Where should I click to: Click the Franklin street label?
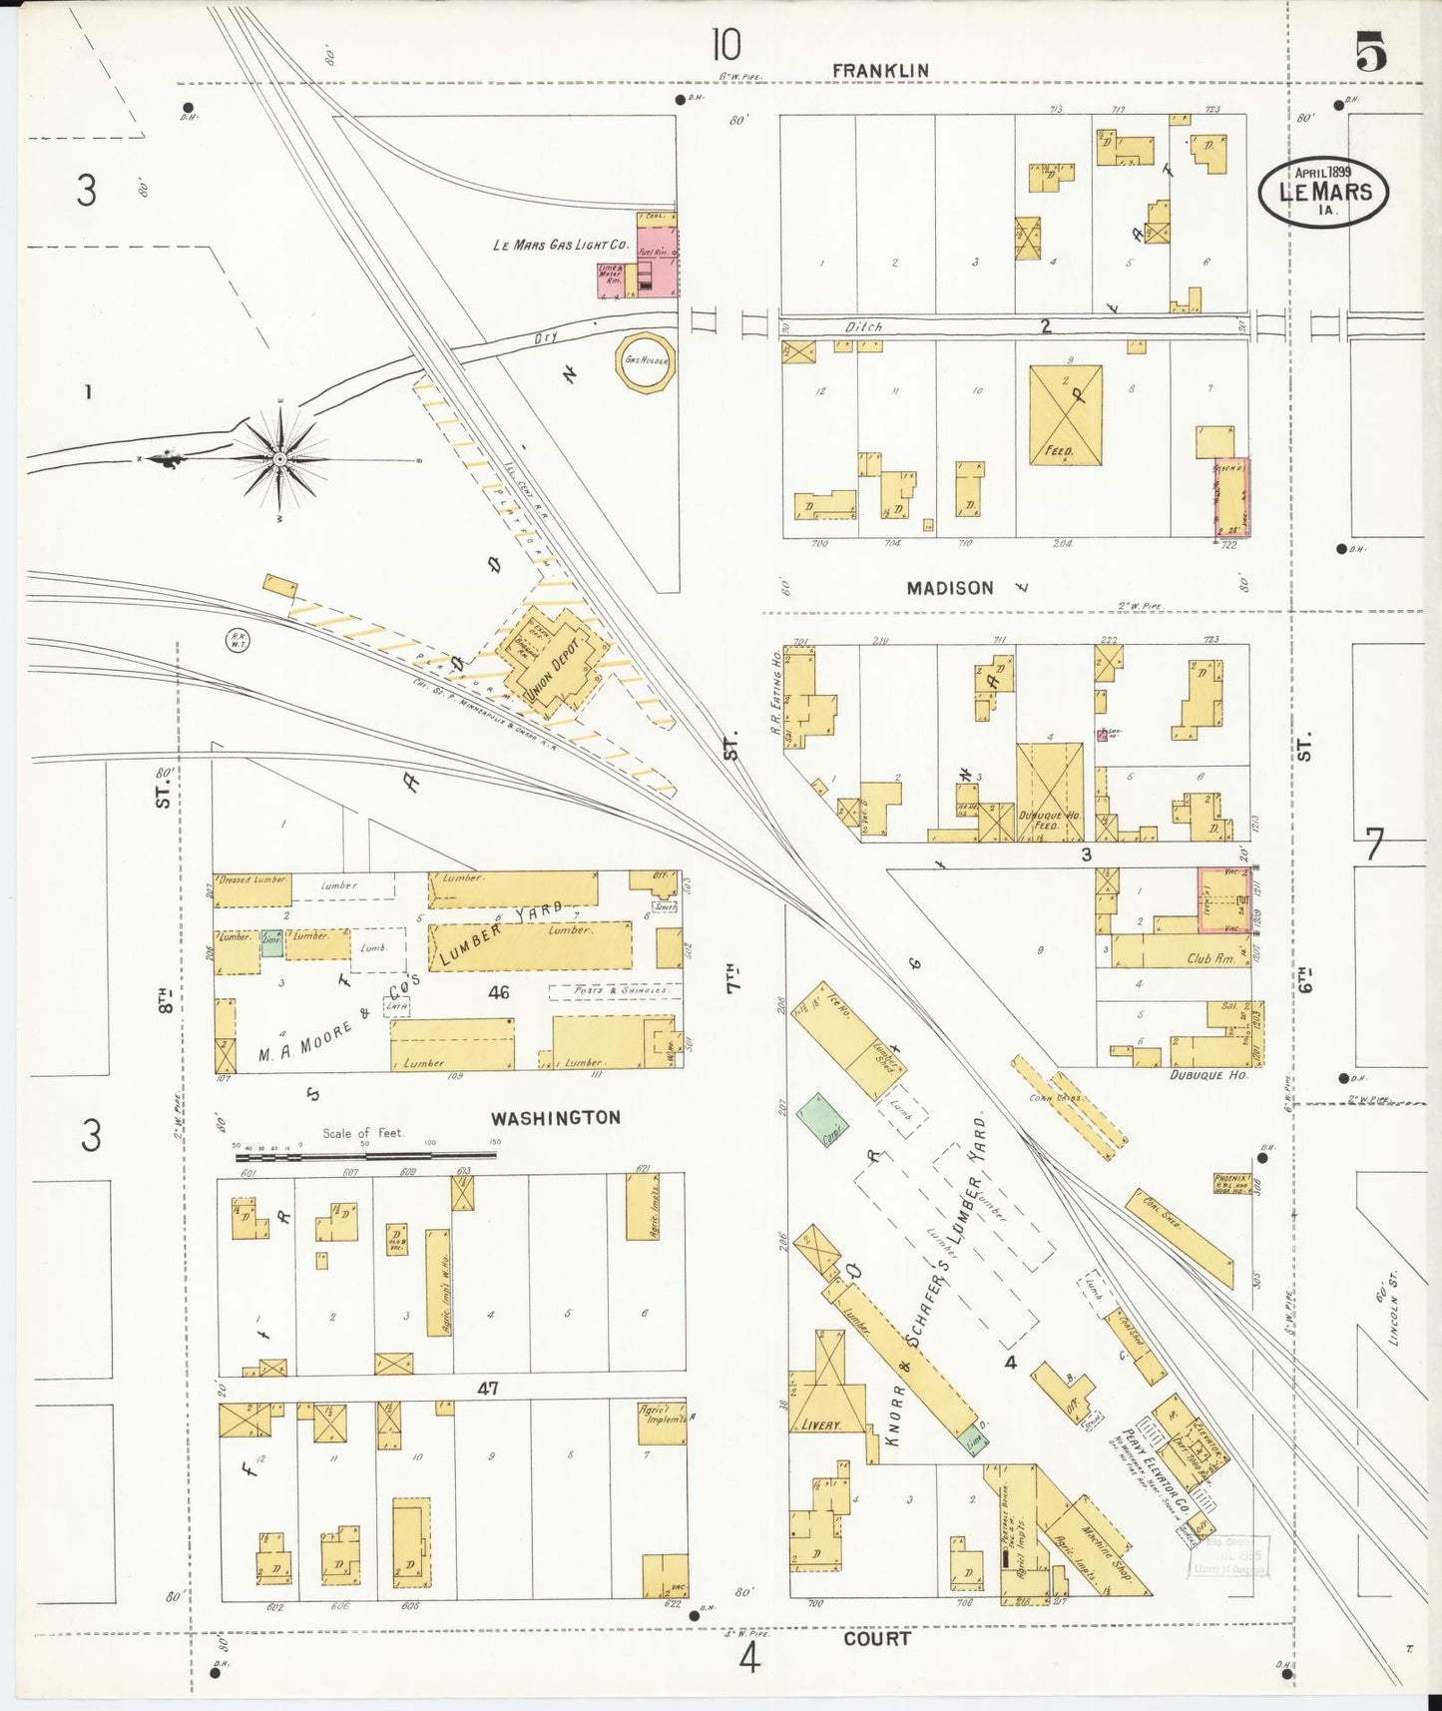880,70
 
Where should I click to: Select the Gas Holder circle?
646,360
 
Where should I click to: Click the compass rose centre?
280,458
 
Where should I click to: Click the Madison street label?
949,588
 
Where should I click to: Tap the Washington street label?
555,1118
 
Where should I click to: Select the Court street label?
876,1638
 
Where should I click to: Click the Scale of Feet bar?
365,1156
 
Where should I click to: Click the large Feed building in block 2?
1066,414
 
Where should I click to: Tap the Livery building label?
820,1425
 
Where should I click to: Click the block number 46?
498,991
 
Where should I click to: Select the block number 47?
487,1388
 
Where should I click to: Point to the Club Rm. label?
1209,958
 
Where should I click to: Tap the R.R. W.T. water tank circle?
239,640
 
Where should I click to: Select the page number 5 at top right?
1370,52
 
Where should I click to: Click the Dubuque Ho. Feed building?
1050,792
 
